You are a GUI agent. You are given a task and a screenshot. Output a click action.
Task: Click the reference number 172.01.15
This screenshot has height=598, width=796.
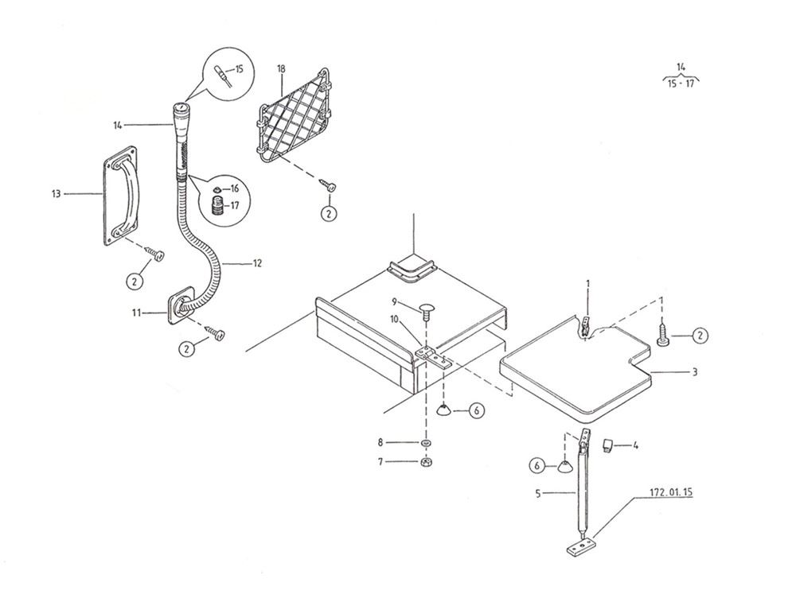[x=671, y=492]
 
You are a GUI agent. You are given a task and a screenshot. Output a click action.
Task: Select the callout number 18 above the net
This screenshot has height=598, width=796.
[x=281, y=68]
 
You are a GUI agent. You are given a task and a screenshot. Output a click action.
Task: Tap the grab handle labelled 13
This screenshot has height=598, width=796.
[x=120, y=196]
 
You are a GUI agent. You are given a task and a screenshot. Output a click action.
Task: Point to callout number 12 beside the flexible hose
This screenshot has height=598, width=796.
[x=257, y=263]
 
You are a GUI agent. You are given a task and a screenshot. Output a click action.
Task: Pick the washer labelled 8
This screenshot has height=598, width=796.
[x=425, y=443]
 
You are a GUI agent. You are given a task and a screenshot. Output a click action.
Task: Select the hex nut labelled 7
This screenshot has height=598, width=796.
[x=425, y=462]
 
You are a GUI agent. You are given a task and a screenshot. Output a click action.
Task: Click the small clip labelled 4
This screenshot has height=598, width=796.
[x=606, y=445]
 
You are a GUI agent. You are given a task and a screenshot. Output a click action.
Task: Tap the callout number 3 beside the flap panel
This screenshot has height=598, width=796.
[x=695, y=372]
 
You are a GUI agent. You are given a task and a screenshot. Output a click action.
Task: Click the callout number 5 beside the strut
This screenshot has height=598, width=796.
[x=538, y=492]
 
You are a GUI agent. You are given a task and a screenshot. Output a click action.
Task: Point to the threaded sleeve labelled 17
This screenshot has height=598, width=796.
[x=218, y=207]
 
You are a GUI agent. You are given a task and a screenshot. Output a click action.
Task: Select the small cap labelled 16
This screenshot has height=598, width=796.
[x=217, y=189]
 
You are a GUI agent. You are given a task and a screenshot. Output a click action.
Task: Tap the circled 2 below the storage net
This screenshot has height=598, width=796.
[x=329, y=214]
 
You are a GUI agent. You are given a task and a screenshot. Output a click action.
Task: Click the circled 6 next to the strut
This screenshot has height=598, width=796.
[x=537, y=465]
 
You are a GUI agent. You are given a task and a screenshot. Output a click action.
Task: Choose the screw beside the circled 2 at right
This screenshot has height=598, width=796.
[x=662, y=333]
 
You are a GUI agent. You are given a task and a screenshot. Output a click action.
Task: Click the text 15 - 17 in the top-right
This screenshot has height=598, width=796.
[x=681, y=83]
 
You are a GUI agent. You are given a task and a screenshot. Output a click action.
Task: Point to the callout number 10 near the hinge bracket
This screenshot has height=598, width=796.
[x=396, y=319]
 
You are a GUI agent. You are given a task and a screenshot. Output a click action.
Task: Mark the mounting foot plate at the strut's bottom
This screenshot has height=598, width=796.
[x=579, y=547]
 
